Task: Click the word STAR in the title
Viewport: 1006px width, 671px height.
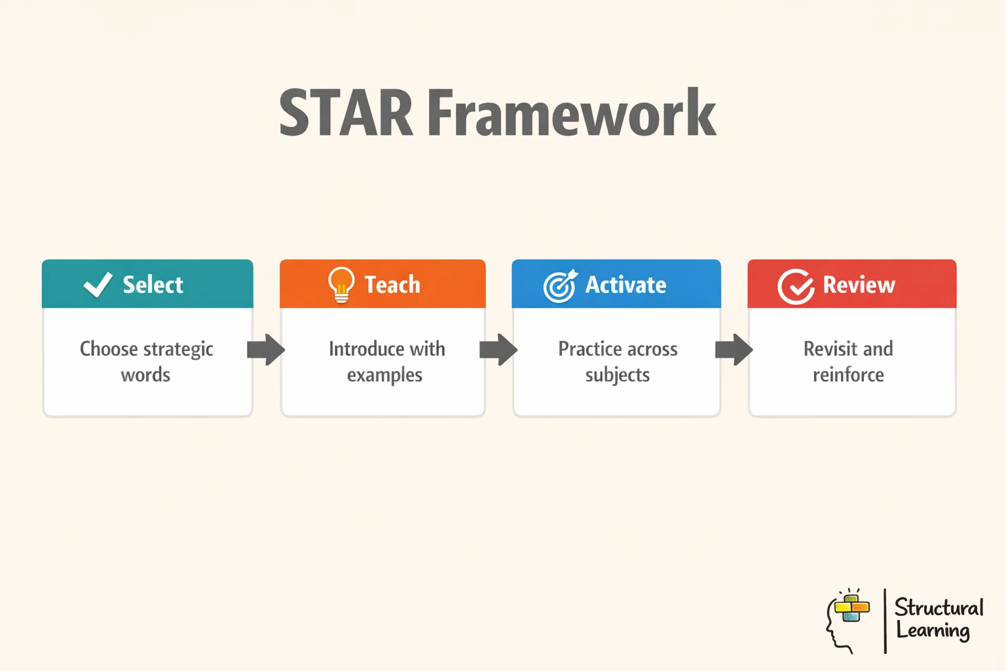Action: pos(345,113)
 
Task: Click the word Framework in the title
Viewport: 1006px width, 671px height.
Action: pos(572,113)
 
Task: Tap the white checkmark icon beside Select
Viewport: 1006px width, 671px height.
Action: pos(98,285)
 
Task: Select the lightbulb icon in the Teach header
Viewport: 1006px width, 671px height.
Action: pos(341,285)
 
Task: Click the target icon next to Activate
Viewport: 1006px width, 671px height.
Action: pos(560,286)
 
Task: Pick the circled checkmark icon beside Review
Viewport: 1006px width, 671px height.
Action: pos(796,286)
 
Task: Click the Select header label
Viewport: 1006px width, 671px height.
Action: pos(153,285)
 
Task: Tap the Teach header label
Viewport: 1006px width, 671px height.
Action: pos(392,285)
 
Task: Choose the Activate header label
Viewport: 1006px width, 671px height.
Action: pos(625,285)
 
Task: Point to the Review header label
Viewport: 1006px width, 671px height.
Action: pos(859,285)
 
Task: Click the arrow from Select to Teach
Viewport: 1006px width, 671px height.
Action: pos(266,349)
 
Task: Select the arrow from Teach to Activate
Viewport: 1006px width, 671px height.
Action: pos(498,349)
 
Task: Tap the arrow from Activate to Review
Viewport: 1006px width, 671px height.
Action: pos(734,349)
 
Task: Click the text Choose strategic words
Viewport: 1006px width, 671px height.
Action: pos(146,362)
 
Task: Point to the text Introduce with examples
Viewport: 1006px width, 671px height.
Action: pos(386,362)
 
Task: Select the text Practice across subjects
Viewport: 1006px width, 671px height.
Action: pos(618,362)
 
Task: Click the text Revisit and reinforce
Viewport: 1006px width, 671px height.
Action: pos(848,362)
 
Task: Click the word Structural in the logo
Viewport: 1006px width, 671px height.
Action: pos(939,607)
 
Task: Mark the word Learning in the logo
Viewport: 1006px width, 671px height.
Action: pos(933,631)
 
